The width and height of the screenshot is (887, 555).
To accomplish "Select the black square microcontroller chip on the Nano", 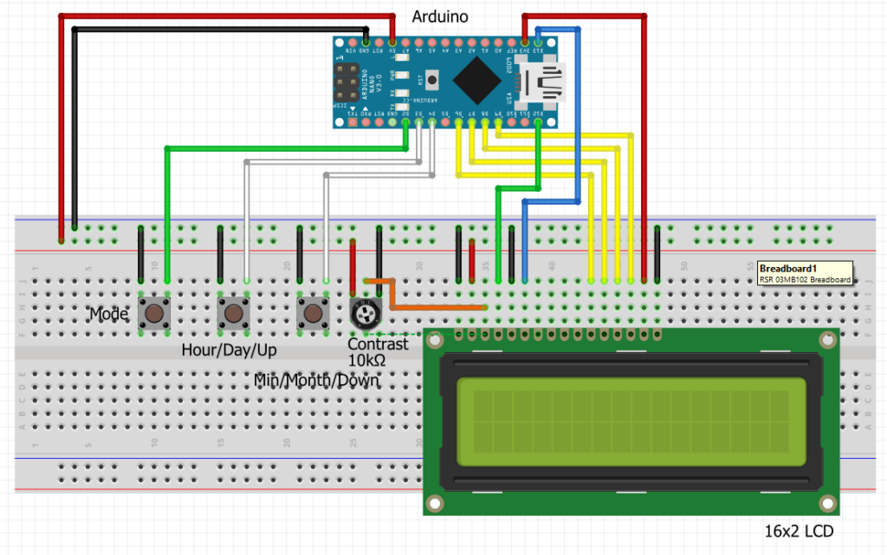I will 474,81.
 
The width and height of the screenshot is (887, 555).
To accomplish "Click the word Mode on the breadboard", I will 109,314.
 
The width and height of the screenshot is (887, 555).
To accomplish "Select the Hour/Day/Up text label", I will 230,350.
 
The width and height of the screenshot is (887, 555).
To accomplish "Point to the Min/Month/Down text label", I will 316,380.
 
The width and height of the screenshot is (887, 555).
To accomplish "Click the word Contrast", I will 377,344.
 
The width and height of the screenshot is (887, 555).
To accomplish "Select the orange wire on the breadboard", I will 433,306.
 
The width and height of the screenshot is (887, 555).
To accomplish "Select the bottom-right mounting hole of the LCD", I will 826,503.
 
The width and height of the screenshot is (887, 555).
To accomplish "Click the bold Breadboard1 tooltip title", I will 787,269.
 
